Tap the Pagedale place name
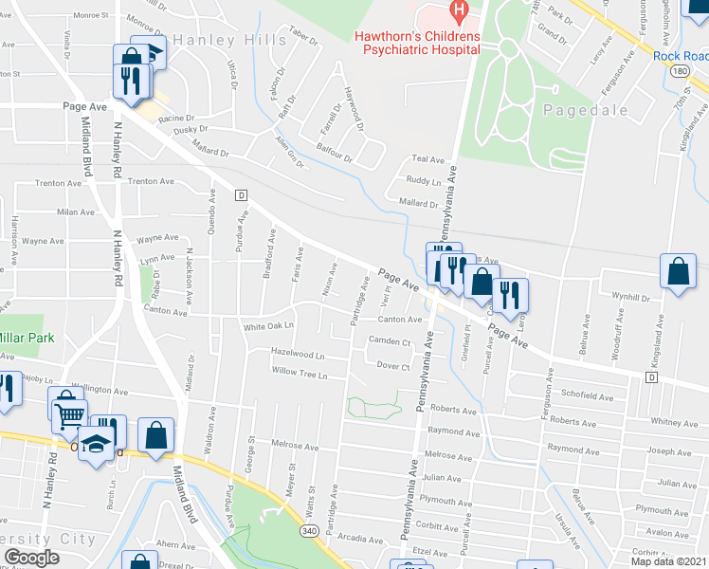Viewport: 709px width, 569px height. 586,110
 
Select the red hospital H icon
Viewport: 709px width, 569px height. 460,13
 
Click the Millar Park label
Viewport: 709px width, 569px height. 28,338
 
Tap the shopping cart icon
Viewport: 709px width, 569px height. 68,410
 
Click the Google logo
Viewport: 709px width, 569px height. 32,558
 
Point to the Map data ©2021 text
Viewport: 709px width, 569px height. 668,561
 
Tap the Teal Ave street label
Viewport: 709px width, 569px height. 427,159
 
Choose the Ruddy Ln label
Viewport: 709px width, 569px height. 423,180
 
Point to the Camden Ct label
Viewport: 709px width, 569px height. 389,341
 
